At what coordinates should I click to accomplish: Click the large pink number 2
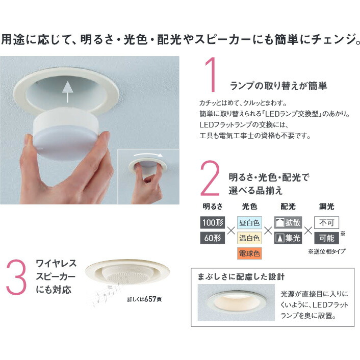pos(210,178)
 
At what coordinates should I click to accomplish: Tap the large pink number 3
pos(16,277)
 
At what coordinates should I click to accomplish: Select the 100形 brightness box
pos(213,222)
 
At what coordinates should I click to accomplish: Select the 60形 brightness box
pos(213,238)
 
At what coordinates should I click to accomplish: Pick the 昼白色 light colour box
pos(249,222)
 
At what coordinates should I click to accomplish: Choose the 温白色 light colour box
pos(249,238)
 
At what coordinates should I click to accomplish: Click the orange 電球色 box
pos(249,253)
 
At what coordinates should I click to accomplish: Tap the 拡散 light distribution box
pos(288,222)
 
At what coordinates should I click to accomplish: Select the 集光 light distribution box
pos(288,238)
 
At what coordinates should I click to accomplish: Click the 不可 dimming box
pos(326,222)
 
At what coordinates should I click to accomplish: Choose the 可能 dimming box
pos(326,238)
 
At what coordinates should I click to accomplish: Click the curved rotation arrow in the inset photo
pos(148,155)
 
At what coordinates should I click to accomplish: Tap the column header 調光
pos(326,207)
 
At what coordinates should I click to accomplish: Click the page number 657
pos(150,299)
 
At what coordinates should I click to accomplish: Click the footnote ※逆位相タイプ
pos(326,251)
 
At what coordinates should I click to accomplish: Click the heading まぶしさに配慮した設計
pos(241,277)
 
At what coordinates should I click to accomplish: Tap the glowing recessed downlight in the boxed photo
pos(237,303)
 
